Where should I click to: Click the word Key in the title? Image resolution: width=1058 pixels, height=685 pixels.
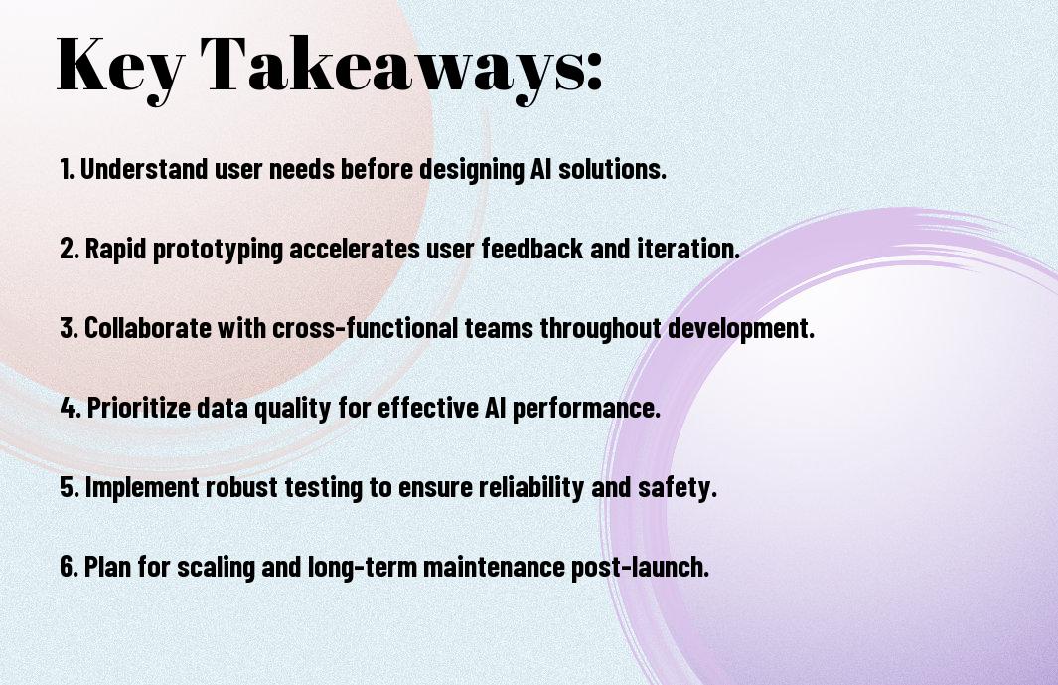pos(119,68)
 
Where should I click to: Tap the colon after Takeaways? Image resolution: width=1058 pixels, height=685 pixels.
pos(594,72)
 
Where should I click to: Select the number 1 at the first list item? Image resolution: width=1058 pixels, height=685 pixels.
pos(65,169)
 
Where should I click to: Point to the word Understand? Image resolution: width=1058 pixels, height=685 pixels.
pos(144,169)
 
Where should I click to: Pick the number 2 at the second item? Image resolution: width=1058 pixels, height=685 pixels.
pos(67,249)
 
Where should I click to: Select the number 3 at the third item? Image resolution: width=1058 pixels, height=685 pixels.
pos(67,328)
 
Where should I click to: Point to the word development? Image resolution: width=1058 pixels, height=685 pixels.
pos(741,329)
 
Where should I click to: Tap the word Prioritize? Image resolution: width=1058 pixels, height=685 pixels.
pos(139,408)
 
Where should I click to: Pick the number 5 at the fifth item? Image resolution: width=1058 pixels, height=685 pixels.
pos(67,487)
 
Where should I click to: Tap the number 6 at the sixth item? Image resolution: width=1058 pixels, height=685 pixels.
pos(67,567)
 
